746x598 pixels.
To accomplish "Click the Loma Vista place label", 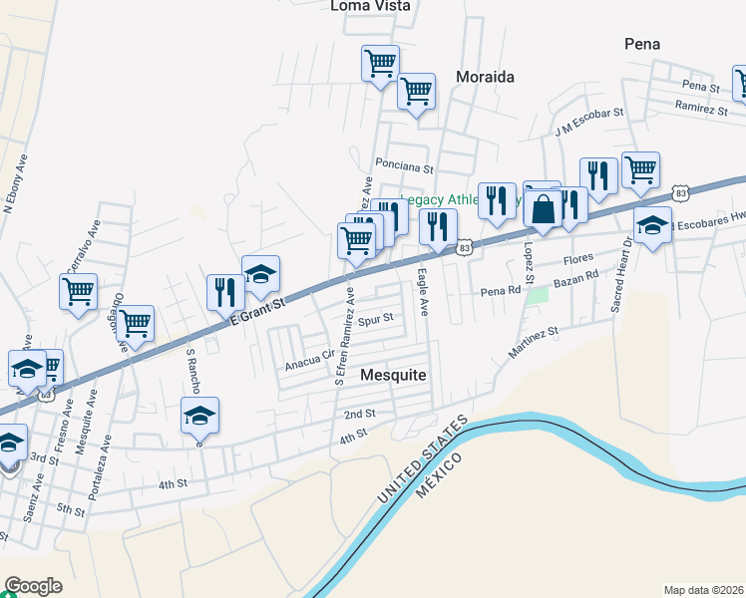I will coord(371,6).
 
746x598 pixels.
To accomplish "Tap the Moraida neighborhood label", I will coord(485,76).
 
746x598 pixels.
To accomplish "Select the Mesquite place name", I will coord(393,375).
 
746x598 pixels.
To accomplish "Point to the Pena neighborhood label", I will coord(642,44).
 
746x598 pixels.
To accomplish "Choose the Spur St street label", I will coord(376,320).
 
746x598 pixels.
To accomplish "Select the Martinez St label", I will coord(536,342).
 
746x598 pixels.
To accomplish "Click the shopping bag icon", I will coord(544,209).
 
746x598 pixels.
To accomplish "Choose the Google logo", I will coord(33,586).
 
